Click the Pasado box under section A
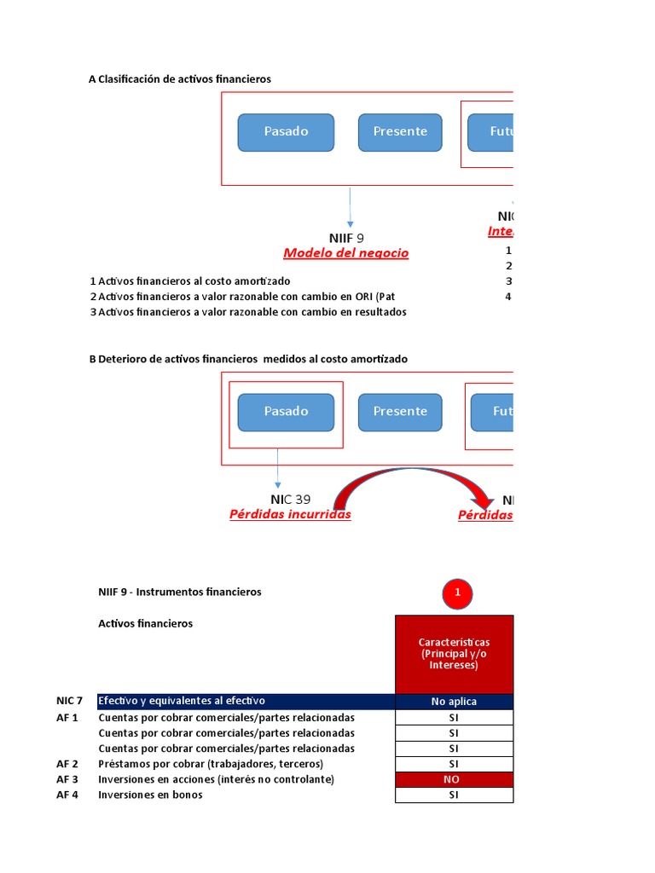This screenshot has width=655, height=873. point(286,132)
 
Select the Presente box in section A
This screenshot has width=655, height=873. point(400,132)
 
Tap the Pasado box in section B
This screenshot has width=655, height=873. point(286,412)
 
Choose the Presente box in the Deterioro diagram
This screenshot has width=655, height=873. point(400,412)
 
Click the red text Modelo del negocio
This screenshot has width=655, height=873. point(345,253)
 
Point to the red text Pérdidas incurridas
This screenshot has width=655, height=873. point(290,515)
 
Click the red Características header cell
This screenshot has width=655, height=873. point(454,654)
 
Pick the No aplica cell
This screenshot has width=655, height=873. point(454,702)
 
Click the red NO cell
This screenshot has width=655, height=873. point(454,779)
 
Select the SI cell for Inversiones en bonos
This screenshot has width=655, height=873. point(454,795)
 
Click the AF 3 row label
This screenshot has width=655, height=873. point(67,779)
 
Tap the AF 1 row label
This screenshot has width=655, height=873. point(67,717)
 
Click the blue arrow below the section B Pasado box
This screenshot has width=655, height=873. point(278,468)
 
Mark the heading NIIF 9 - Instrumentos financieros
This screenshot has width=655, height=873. point(180,592)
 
